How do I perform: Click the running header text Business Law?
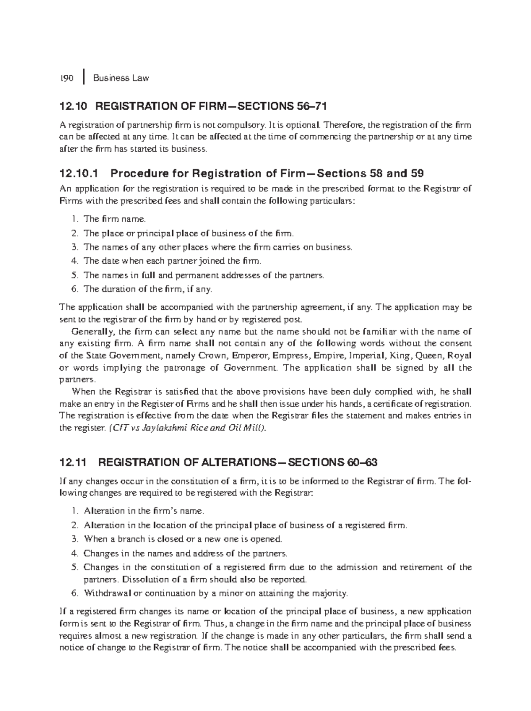click(x=121, y=78)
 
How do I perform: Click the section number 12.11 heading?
click(x=73, y=463)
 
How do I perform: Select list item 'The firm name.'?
click(x=114, y=219)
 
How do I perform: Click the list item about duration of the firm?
click(x=148, y=289)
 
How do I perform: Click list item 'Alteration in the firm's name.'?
click(x=144, y=511)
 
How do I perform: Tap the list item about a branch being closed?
click(x=182, y=539)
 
